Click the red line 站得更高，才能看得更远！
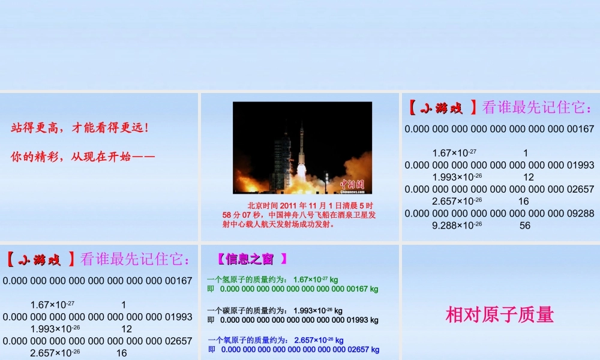coord(80,128)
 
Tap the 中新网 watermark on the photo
coord(353,185)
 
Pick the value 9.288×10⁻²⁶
coord(457,226)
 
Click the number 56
coord(525,226)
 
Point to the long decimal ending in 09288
coord(499,213)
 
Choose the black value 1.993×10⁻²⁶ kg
coord(318,311)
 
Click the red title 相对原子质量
coord(499,314)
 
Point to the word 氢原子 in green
coord(232,279)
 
